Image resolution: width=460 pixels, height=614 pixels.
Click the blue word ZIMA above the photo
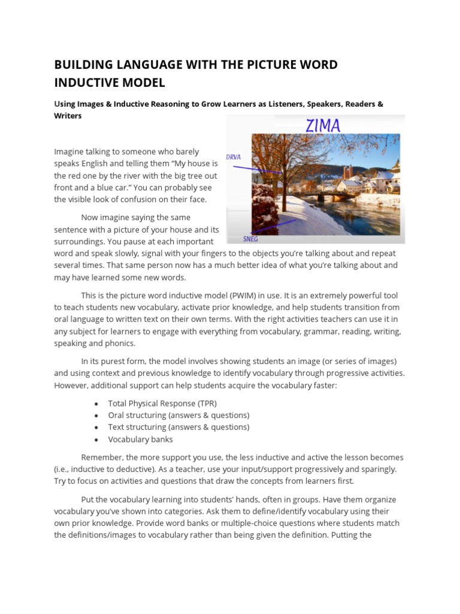(x=323, y=125)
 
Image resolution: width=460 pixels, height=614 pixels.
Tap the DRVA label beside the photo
(x=234, y=157)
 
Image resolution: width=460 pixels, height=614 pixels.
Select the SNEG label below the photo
(x=251, y=238)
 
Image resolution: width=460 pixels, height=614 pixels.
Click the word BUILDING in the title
(x=81, y=65)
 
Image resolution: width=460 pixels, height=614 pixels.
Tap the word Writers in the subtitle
(x=68, y=116)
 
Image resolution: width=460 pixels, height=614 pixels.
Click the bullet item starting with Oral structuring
(x=178, y=416)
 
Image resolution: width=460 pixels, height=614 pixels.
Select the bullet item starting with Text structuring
(x=178, y=427)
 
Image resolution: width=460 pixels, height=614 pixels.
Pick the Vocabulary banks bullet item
(x=140, y=439)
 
